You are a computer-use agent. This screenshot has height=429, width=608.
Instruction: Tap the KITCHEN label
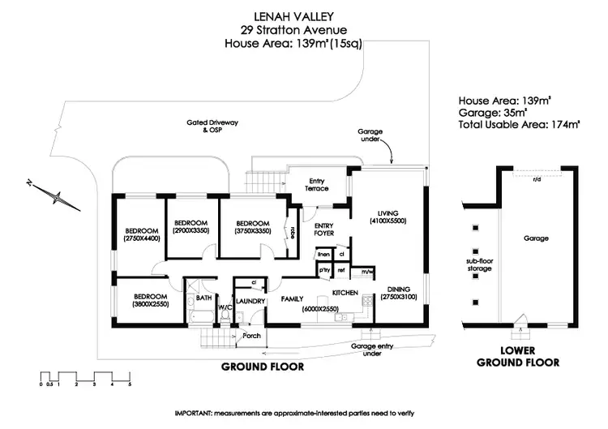(345, 292)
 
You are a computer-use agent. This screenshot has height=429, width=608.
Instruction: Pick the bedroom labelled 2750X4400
(142, 234)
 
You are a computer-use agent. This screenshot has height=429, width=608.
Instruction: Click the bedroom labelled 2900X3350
(191, 226)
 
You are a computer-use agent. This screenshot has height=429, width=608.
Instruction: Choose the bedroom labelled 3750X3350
(252, 228)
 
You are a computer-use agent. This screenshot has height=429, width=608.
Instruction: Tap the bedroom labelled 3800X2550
(150, 300)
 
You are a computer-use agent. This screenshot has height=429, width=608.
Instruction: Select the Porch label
(251, 335)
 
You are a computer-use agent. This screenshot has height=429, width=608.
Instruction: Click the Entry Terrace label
(315, 184)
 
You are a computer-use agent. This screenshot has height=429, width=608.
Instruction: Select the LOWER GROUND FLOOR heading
(517, 357)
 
